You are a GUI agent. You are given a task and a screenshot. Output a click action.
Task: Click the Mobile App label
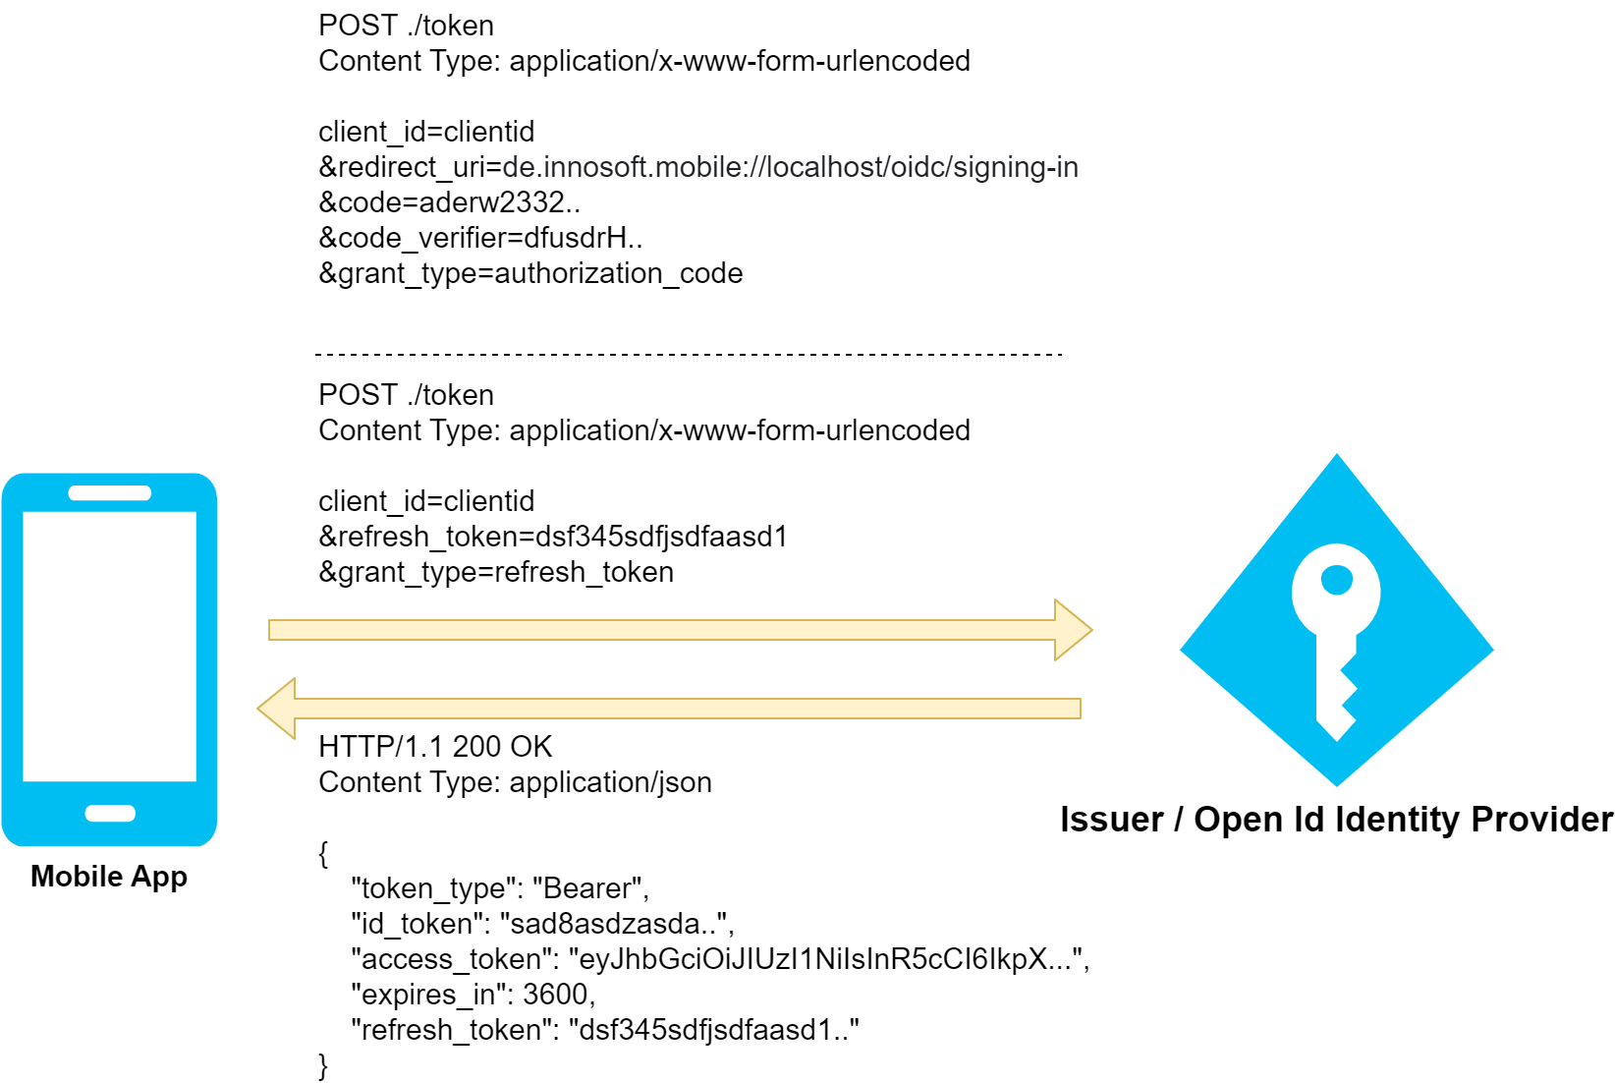click(109, 876)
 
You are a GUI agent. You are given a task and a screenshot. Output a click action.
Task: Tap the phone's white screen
click(109, 646)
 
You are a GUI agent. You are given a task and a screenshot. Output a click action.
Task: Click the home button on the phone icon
click(110, 813)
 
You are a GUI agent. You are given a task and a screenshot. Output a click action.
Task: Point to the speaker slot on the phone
click(110, 493)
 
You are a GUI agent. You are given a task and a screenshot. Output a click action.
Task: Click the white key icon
click(1336, 629)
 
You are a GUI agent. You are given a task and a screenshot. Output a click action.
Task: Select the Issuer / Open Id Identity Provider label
click(1336, 819)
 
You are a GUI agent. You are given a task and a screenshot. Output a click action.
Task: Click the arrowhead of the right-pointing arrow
click(1074, 630)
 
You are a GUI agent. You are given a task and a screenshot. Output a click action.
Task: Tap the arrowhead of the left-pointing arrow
click(276, 709)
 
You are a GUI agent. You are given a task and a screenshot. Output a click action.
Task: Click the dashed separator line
click(688, 354)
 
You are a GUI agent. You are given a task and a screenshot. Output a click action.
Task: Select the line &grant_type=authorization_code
click(530, 273)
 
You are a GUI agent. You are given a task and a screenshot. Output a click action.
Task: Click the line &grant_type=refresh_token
click(496, 572)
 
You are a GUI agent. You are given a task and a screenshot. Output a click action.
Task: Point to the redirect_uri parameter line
click(698, 167)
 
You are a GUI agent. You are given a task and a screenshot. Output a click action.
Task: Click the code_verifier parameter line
click(480, 238)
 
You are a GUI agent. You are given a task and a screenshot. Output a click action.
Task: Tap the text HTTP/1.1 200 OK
click(435, 747)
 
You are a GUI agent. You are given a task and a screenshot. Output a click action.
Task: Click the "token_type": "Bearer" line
click(500, 888)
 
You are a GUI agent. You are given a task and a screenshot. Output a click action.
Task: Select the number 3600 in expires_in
click(556, 995)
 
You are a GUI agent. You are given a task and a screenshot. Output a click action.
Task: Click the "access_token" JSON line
click(720, 959)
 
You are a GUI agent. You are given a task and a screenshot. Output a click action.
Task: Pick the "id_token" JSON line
click(542, 924)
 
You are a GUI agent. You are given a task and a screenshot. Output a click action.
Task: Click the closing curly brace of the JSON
click(323, 1065)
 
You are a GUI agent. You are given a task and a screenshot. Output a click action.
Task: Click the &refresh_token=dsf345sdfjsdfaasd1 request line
click(553, 537)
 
